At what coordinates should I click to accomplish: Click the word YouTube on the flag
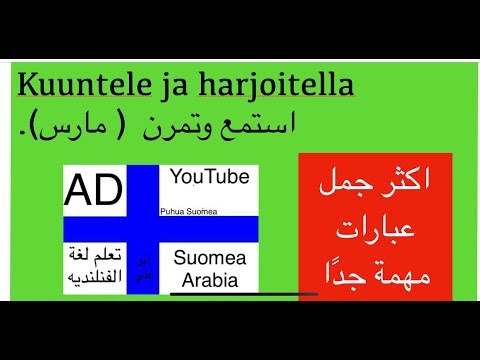point(209,177)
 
